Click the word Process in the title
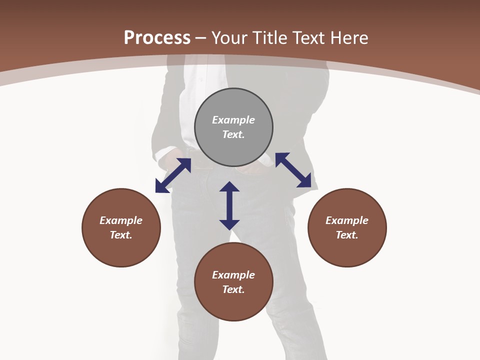coord(157,38)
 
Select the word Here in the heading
coord(349,38)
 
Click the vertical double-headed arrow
coord(229,205)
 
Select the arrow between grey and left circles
coord(173,175)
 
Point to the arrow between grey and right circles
coord(293,170)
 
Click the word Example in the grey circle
coord(233,120)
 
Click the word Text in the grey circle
coord(233,134)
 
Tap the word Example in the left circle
coord(121,220)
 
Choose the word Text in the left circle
coord(121,235)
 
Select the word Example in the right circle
coord(347,220)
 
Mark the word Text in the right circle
coord(347,235)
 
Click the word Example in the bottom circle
coord(233,275)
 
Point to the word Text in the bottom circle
coord(233,289)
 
